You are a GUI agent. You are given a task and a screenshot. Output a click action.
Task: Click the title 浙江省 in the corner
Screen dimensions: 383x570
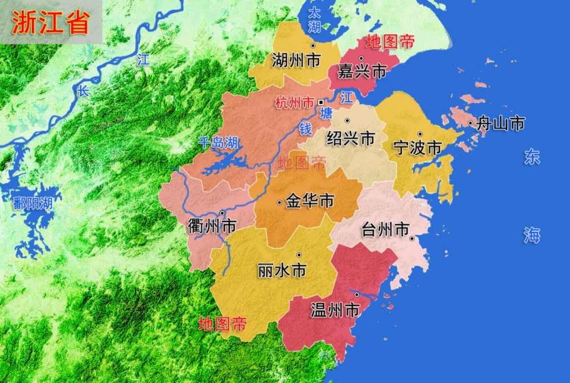tap(50, 22)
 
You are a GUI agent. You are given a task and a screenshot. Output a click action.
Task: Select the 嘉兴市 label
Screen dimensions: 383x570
tap(362, 71)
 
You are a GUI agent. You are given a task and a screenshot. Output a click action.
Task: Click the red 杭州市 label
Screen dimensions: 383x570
tap(294, 103)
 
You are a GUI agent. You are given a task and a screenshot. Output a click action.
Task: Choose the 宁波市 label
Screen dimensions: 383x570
tap(418, 148)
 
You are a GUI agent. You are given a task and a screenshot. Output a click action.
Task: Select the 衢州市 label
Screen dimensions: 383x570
tap(211, 226)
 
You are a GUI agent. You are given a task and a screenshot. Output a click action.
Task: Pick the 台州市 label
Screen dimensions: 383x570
tap(386, 231)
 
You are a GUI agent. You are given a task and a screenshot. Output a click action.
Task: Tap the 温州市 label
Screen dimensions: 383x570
tap(335, 311)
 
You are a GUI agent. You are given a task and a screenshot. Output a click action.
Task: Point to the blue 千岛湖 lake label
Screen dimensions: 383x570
tap(218, 143)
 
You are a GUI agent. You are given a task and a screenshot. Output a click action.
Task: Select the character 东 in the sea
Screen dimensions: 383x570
tap(532, 158)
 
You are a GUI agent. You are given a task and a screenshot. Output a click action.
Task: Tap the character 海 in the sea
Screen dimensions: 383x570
tap(532, 235)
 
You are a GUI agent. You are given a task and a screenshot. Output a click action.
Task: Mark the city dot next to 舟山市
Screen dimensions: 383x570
tap(470, 123)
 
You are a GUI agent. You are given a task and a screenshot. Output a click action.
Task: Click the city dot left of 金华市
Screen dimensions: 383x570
tap(279, 202)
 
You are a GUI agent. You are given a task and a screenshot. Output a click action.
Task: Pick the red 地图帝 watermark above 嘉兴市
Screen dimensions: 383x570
tap(390, 42)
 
